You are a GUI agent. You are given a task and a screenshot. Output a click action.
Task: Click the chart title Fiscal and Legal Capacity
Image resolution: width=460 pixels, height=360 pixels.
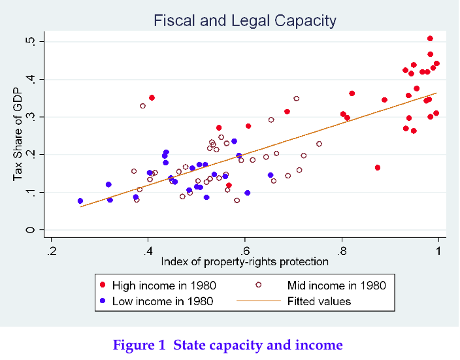pos(244,21)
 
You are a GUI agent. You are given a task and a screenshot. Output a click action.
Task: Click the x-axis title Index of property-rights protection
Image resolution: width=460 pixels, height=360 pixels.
pos(244,262)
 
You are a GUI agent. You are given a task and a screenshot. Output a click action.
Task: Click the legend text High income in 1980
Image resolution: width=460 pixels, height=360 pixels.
pos(164,286)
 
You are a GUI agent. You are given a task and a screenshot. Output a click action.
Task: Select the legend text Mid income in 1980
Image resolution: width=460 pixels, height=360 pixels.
pos(337,286)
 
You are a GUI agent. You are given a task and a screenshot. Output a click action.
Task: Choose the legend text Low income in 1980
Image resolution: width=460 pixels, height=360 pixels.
pos(163,301)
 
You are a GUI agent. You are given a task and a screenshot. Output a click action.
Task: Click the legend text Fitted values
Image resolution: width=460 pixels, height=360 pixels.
pos(319,301)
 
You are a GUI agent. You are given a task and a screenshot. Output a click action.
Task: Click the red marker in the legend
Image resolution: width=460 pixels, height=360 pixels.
pos(102,286)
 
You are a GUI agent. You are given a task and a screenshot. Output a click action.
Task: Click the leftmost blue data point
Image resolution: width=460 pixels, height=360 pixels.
pos(80,201)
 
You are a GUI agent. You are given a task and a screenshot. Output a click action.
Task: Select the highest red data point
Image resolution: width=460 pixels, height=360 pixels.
pos(430,39)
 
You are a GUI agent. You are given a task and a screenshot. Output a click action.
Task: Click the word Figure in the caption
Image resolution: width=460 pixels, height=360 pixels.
pos(133,345)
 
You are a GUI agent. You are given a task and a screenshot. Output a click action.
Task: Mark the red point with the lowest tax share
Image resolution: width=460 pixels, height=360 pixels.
pos(229,186)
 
